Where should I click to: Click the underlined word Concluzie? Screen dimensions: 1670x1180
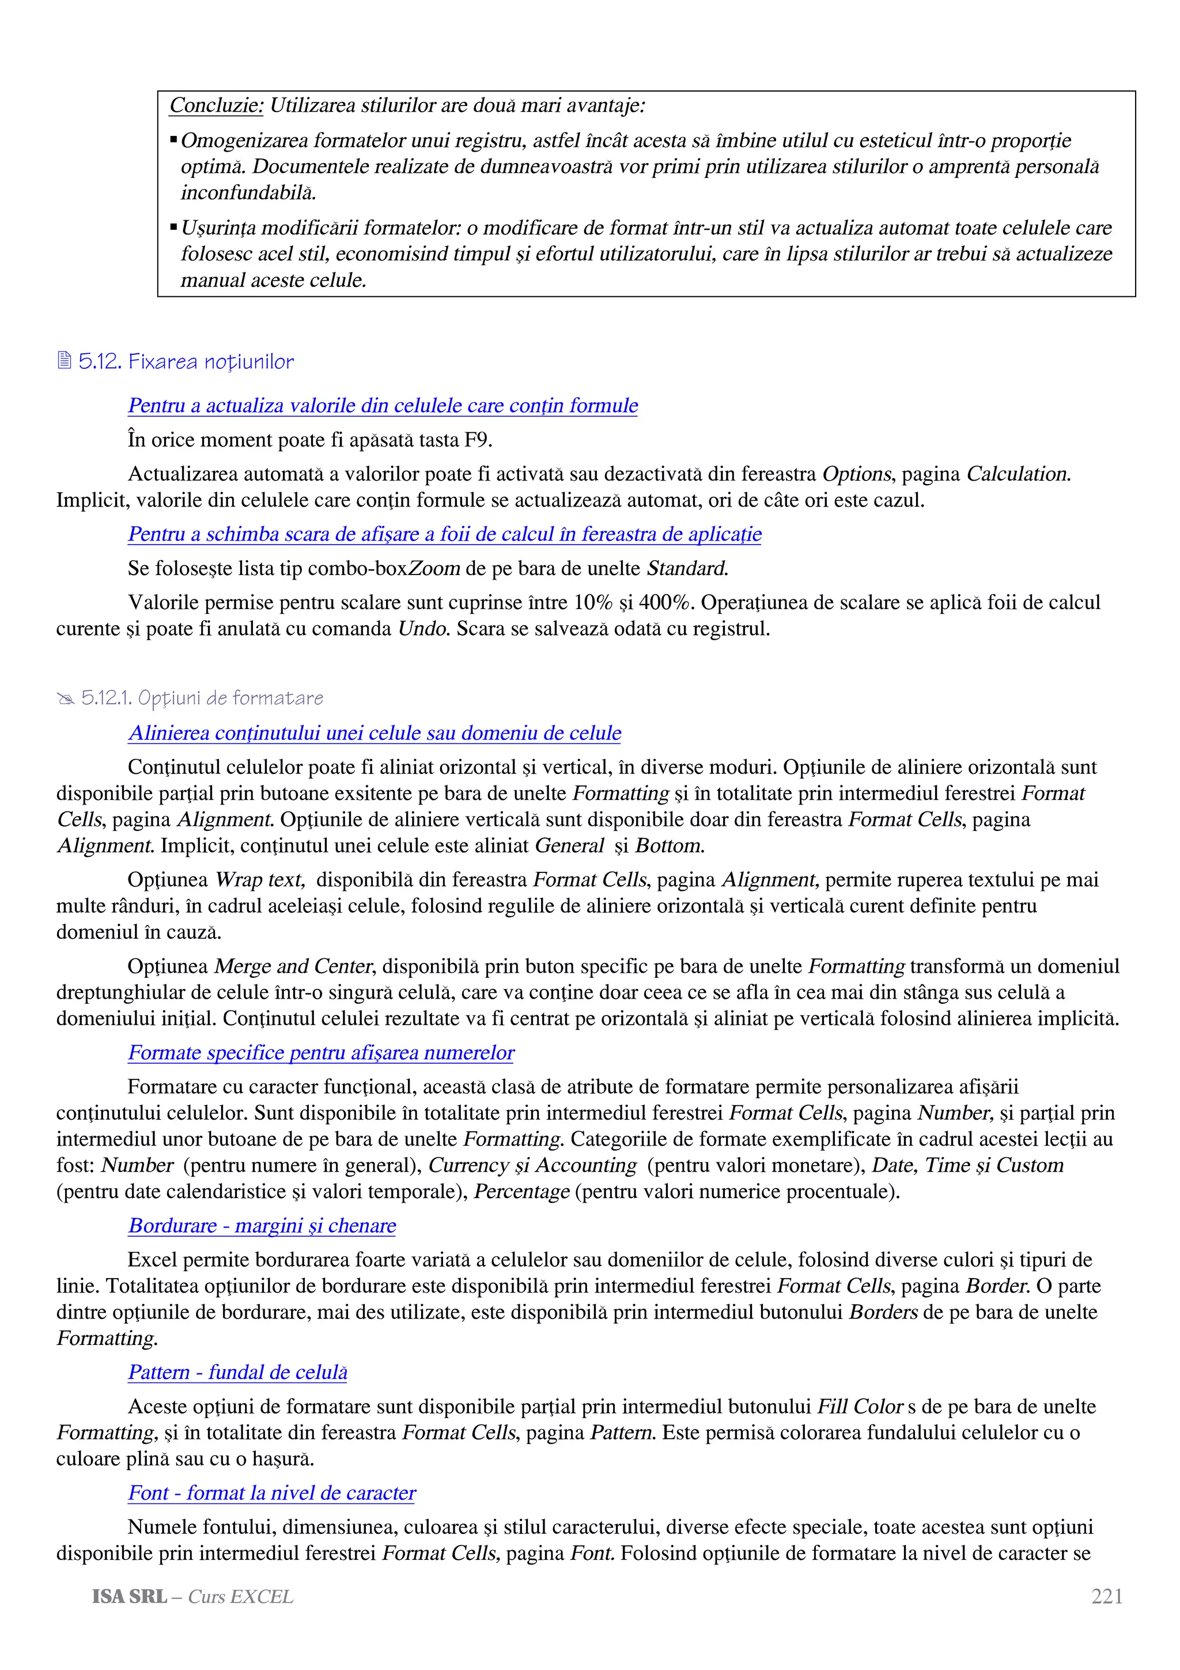tap(216, 106)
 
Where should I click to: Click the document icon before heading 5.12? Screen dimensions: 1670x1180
tap(65, 361)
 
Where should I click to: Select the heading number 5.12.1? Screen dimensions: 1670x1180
tap(106, 698)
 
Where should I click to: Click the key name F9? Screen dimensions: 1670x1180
tap(477, 440)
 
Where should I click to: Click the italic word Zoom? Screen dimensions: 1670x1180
tap(434, 569)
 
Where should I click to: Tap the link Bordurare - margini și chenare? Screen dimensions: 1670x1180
tap(262, 1226)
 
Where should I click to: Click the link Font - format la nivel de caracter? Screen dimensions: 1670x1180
tap(271, 1493)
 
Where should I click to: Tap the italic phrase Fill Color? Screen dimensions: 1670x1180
tap(860, 1407)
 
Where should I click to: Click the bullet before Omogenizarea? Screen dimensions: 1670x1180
tap(174, 139)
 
